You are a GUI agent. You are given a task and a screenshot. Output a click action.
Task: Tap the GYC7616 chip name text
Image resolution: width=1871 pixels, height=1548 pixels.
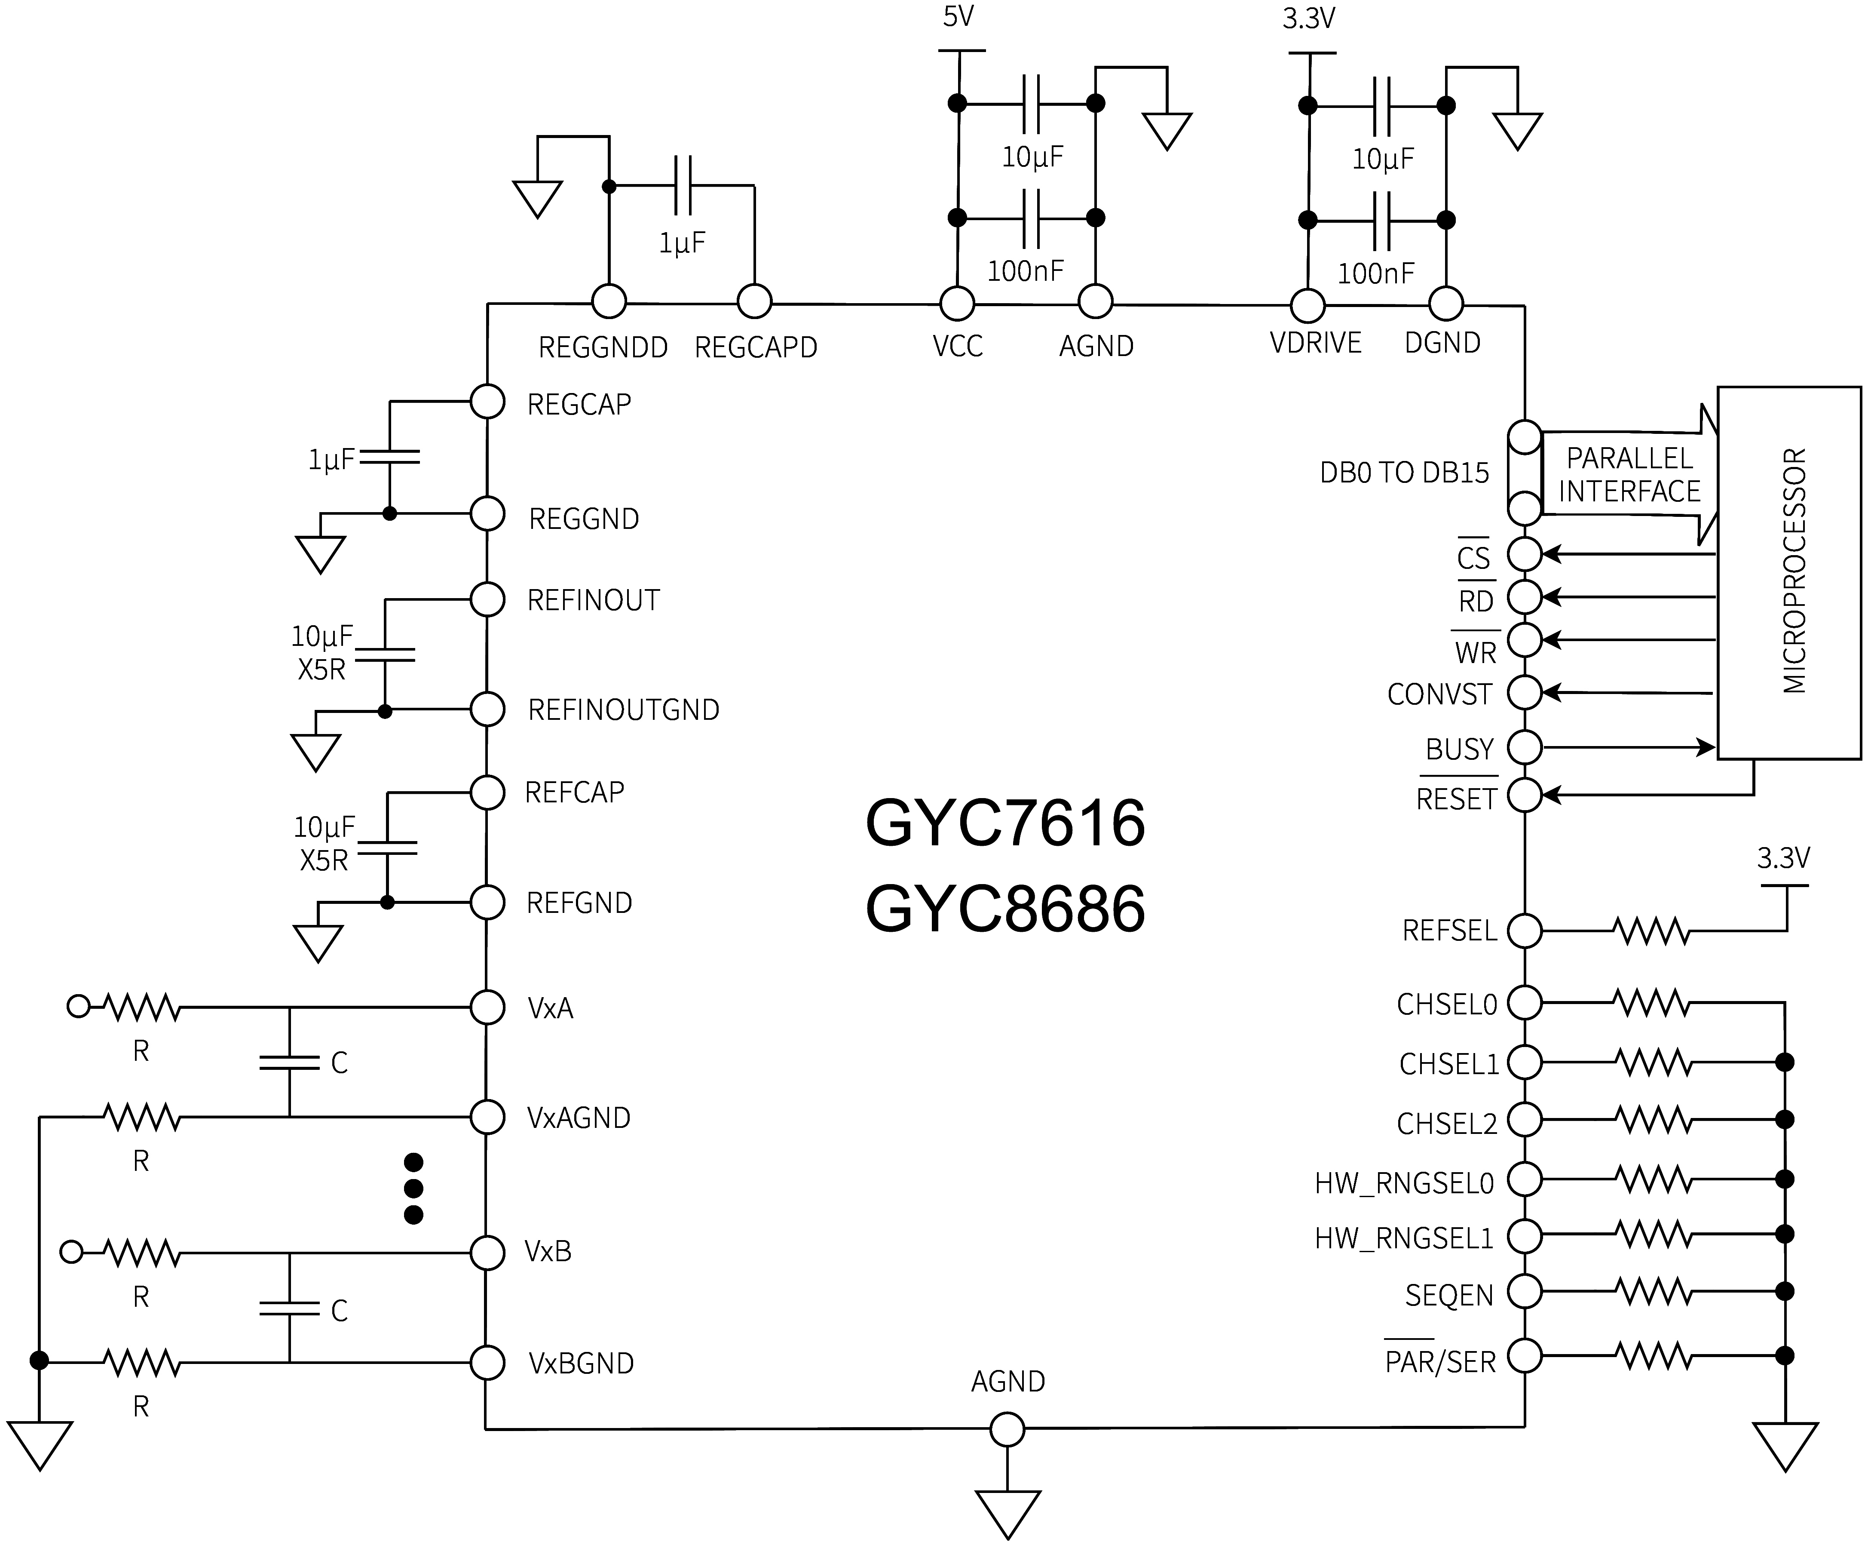[x=1005, y=823]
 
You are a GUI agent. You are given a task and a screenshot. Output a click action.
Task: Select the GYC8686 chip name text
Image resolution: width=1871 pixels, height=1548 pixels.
[x=1005, y=909]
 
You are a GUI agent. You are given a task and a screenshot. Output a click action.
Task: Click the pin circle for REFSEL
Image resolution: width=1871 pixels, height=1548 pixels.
[x=1525, y=931]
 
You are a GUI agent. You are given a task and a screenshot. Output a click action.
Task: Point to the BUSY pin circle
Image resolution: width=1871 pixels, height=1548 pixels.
[x=1525, y=747]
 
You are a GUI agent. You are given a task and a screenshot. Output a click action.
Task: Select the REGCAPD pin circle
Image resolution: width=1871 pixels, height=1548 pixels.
[x=755, y=301]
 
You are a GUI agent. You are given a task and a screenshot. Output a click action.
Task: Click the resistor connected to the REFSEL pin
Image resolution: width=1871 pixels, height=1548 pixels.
[x=1651, y=931]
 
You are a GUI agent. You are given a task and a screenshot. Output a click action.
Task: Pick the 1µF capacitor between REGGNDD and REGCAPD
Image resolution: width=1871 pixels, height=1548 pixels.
[x=683, y=186]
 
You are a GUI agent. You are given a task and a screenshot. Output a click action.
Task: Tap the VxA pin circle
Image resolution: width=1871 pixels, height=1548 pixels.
[x=487, y=1007]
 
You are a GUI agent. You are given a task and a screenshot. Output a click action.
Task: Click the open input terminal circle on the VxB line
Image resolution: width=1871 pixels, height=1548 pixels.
[x=71, y=1252]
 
